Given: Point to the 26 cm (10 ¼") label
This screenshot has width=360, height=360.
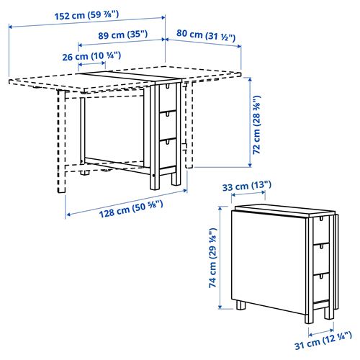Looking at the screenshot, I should pos(91,55).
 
